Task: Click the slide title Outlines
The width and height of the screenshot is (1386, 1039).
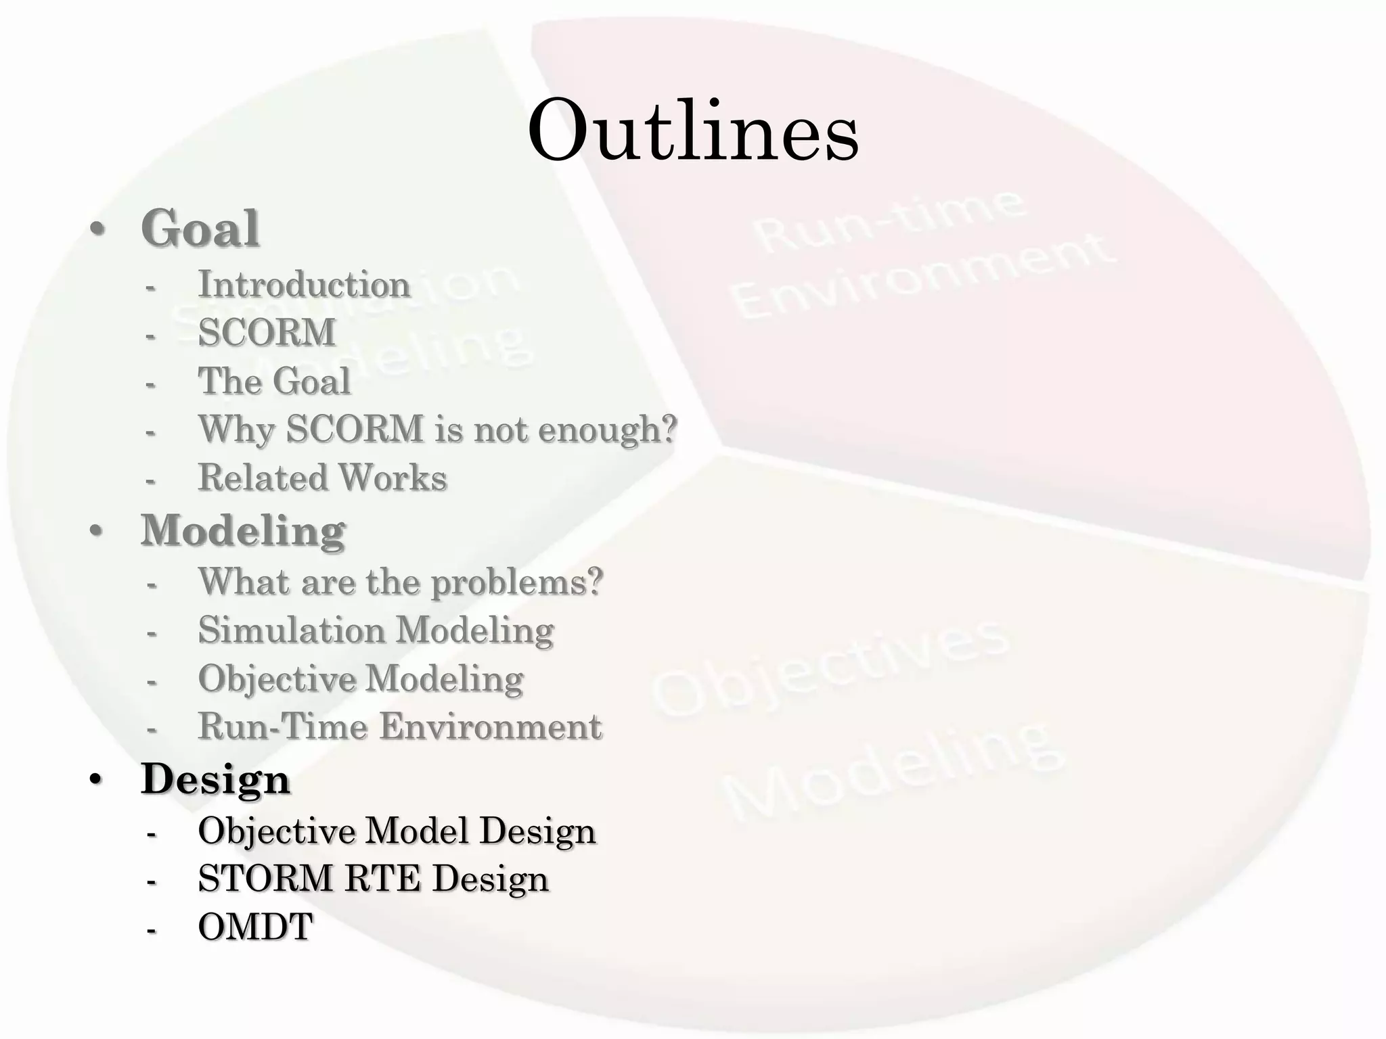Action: (x=693, y=130)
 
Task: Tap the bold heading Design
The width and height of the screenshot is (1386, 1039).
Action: (x=215, y=779)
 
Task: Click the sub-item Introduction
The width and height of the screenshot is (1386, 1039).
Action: (x=304, y=284)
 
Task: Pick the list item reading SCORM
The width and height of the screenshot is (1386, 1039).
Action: (x=267, y=332)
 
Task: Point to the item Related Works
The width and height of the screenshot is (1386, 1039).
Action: (x=322, y=478)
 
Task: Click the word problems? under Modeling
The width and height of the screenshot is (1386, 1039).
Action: (x=517, y=582)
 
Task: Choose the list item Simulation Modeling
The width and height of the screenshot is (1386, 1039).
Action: (x=376, y=630)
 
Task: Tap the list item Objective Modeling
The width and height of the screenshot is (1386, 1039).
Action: (x=361, y=678)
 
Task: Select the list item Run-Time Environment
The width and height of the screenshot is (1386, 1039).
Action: (x=399, y=726)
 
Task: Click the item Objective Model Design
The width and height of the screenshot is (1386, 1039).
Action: (x=397, y=830)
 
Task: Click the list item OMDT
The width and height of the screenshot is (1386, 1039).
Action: (x=255, y=927)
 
